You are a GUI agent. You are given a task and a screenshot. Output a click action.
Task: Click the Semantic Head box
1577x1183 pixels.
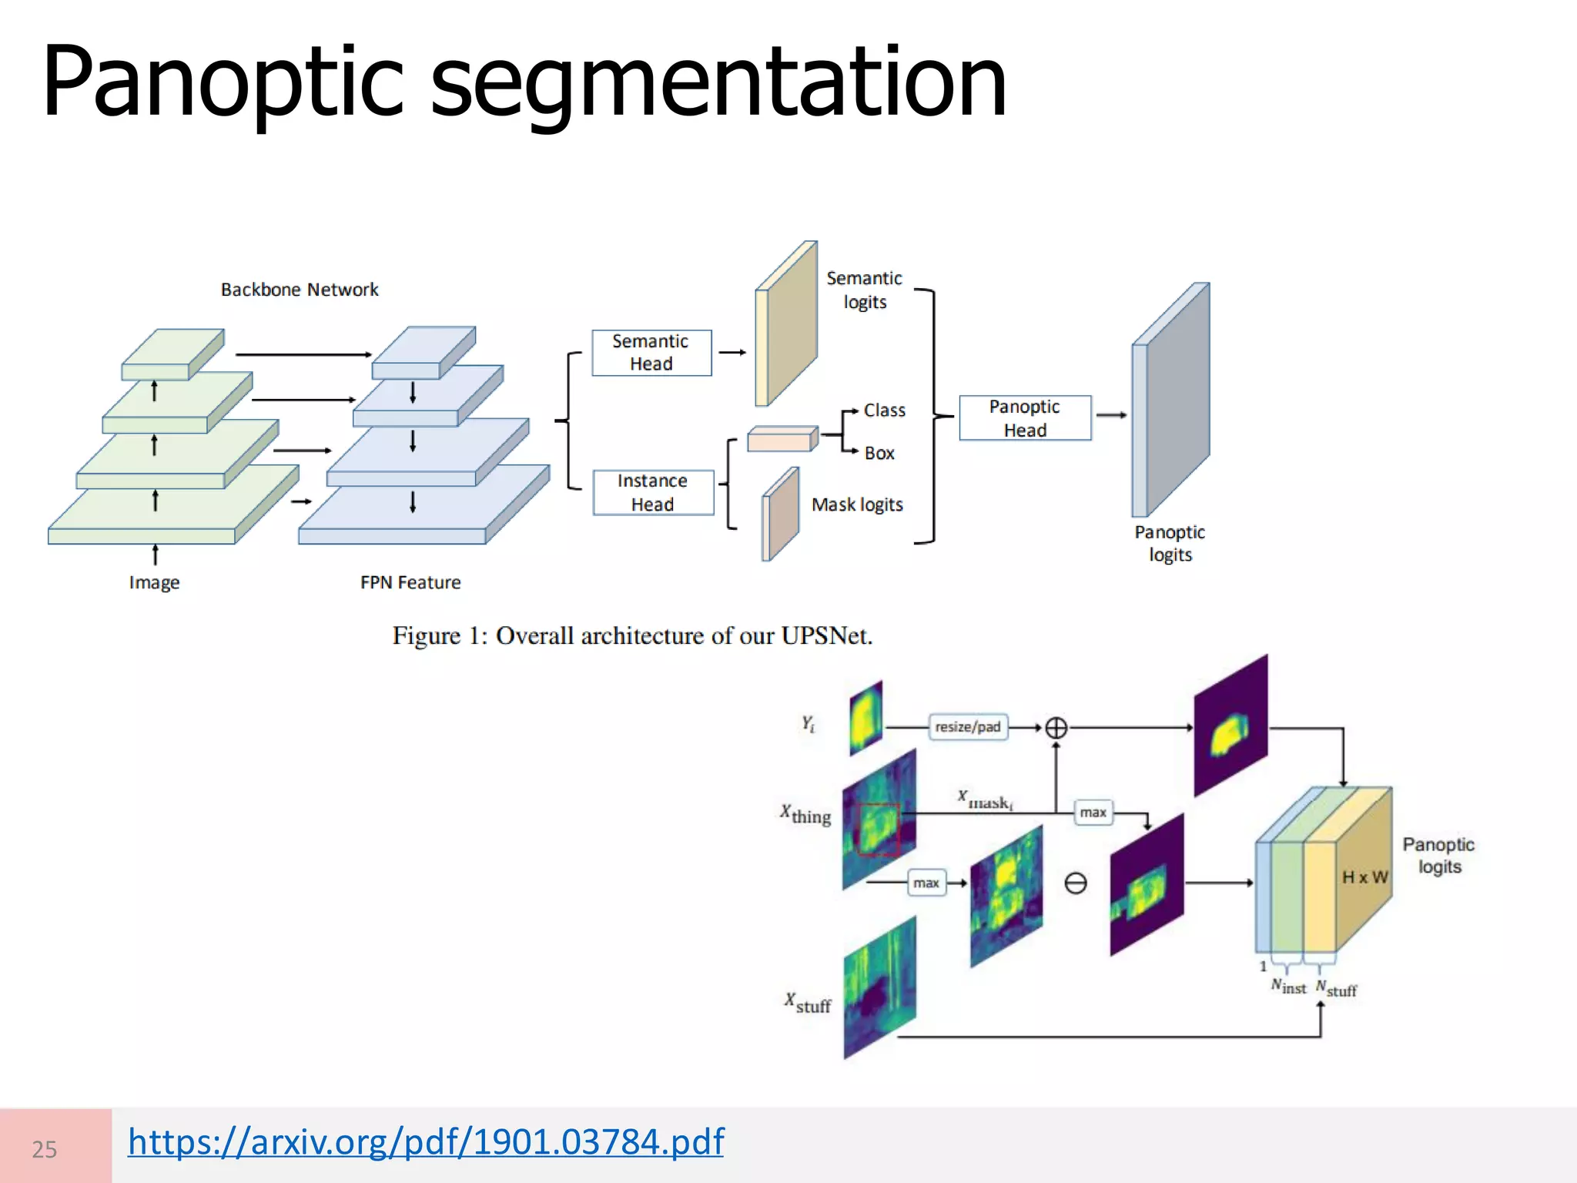651,353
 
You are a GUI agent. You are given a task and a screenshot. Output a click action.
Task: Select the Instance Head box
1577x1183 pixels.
653,492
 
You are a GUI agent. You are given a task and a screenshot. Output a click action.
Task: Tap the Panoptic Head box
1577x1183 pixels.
1025,418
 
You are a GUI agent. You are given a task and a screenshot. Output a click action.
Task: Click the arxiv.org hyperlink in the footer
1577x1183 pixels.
426,1141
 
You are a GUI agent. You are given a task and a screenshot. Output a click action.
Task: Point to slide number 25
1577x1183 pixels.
45,1149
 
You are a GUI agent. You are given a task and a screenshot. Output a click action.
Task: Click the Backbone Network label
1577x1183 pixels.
300,290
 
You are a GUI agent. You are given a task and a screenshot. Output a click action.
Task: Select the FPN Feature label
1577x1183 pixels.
410,582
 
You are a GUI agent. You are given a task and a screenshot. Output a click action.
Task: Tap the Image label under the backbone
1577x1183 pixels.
154,582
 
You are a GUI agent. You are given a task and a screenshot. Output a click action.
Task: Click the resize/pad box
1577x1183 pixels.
968,726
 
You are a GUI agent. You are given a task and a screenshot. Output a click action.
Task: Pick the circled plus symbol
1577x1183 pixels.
1056,728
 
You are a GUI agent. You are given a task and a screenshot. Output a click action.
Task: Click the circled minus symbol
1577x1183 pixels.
1076,883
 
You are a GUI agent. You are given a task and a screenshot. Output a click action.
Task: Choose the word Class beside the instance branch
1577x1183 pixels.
885,411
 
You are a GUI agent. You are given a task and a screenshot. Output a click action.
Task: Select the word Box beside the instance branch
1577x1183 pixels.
879,454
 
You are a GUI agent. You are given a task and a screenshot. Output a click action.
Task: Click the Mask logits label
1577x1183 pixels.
857,504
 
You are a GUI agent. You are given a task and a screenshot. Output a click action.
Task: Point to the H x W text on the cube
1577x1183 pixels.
1365,877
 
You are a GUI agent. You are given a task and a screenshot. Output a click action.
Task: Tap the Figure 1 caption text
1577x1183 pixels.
632,636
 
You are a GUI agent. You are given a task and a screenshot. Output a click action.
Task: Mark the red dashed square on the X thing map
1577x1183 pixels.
878,829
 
